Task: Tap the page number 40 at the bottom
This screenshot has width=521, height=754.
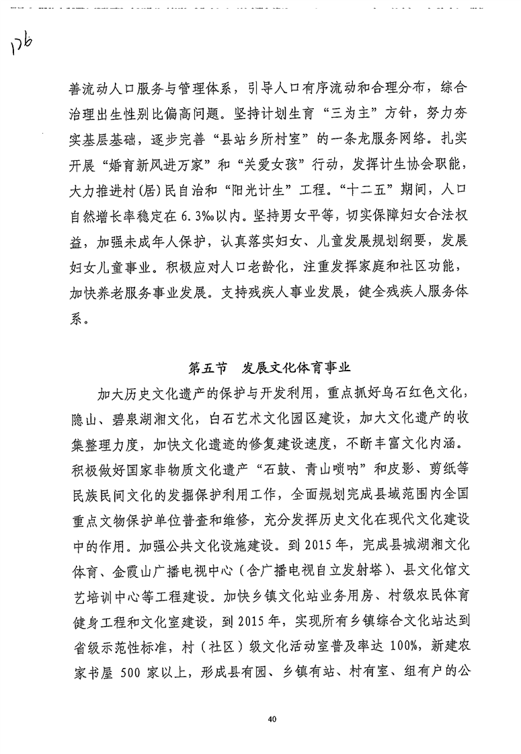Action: (271, 719)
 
